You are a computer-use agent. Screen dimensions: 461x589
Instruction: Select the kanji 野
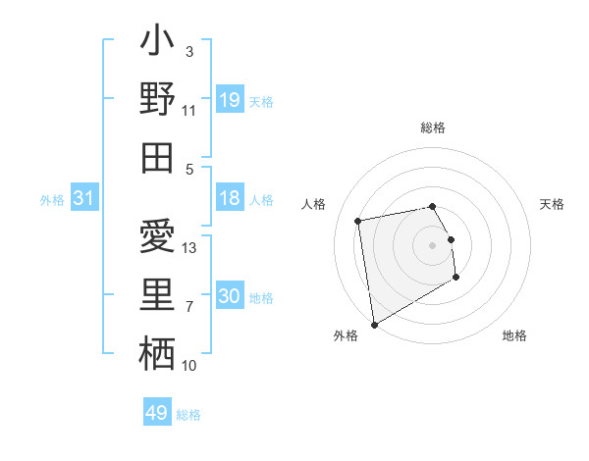pos(158,99)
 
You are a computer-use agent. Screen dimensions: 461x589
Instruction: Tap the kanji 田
pos(158,157)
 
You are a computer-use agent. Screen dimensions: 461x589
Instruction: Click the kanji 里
pos(158,295)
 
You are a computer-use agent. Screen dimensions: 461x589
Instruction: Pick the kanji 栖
pos(158,353)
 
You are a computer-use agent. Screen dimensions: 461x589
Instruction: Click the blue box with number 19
pos(230,99)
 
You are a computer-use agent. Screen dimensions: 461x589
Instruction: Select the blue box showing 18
pos(230,199)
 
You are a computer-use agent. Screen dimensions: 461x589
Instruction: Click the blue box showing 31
pos(84,199)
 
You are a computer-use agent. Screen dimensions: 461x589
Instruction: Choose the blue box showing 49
pos(157,413)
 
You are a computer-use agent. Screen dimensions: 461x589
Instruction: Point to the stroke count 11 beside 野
pos(189,111)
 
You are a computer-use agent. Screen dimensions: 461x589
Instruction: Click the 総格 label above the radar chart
pos(433,128)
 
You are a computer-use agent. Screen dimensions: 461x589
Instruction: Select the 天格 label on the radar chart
pos(553,204)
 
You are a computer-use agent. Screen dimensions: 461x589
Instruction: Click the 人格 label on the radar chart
pos(314,204)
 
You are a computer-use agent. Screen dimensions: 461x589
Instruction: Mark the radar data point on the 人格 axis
pos(358,220)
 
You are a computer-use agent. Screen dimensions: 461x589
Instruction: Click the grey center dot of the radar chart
pos(433,244)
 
